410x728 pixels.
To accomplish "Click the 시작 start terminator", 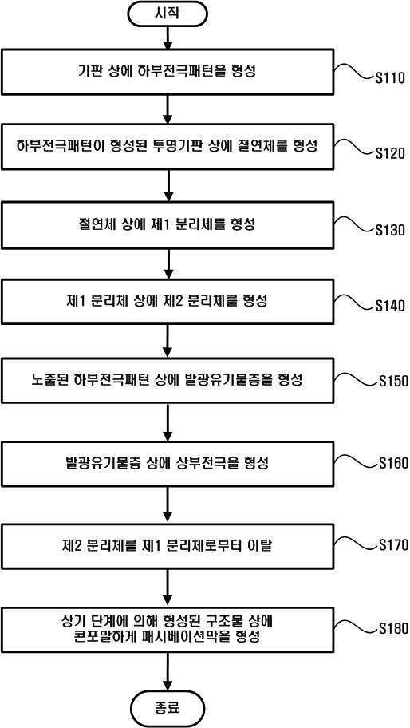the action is (168, 14).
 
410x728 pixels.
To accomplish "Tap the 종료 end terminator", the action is (168, 709).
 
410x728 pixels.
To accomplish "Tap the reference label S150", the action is (392, 382).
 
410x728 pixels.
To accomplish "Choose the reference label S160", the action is (392, 464).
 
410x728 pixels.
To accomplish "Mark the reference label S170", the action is (392, 544).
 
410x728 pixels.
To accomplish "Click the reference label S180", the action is (392, 629).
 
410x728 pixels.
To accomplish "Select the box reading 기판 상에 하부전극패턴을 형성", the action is (168, 72).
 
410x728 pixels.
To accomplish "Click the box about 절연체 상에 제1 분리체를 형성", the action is (168, 225).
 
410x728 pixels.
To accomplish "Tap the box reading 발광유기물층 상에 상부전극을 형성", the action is (168, 463).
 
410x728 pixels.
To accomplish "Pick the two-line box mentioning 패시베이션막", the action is (168, 631).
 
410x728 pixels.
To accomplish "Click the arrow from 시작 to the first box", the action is (168, 38).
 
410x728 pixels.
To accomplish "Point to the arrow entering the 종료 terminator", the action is (168, 675).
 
